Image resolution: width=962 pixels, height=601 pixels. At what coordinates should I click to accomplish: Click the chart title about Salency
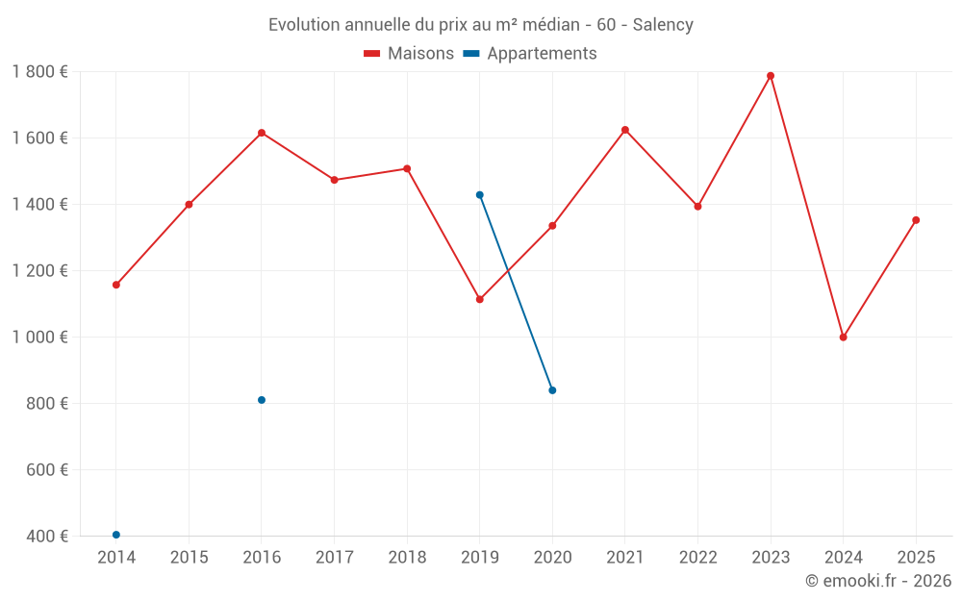(480, 25)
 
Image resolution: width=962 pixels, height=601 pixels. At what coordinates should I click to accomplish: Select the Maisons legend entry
(409, 54)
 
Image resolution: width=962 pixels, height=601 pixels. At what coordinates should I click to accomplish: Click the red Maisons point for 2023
(771, 76)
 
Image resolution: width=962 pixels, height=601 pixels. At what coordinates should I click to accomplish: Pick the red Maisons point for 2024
(844, 338)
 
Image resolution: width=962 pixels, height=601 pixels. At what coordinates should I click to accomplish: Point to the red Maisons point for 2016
(262, 133)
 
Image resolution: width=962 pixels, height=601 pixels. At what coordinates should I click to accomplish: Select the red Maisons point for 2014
(116, 285)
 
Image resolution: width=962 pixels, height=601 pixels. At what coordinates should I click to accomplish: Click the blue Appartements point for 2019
(480, 195)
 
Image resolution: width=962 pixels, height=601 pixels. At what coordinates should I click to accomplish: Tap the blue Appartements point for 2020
(552, 390)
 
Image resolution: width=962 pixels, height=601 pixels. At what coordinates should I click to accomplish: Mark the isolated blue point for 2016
(262, 400)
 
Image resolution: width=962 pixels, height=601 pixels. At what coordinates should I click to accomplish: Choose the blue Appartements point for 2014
(116, 535)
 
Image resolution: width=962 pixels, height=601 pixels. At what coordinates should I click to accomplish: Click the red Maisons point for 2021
(625, 130)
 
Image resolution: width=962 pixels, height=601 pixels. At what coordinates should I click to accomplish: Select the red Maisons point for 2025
(916, 220)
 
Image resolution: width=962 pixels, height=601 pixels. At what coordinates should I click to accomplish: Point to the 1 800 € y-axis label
(39, 72)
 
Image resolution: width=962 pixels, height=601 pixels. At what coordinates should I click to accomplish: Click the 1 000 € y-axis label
(39, 338)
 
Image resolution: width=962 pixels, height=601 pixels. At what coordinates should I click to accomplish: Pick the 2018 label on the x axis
(407, 558)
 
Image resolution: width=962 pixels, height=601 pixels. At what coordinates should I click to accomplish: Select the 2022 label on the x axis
(697, 558)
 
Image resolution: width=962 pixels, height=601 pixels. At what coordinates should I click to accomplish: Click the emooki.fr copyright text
(877, 581)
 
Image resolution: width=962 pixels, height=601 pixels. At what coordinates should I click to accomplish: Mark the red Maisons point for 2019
(480, 299)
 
